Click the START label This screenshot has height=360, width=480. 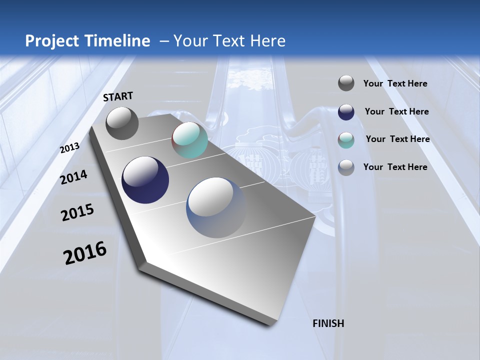coord(118,96)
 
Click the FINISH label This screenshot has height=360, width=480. coord(328,323)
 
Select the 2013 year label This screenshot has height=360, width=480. coord(69,148)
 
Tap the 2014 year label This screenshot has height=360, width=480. coord(74,177)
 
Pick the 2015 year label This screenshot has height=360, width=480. coord(77,212)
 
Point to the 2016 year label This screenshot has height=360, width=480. coord(85,253)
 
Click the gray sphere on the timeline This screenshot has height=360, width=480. coord(122,123)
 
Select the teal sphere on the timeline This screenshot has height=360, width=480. coord(189,140)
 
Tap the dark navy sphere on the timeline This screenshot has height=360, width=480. coord(145,180)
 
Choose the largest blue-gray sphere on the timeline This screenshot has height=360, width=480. coord(216,207)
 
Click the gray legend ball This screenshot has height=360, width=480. coord(346,83)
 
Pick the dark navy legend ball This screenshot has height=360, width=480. coord(346,112)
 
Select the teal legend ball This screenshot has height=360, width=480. coord(346,140)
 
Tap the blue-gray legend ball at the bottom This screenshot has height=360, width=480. coord(346,167)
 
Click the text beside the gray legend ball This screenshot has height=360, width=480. coord(395,83)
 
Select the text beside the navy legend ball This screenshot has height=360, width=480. coord(396,111)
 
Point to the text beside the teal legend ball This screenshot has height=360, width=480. coord(397,139)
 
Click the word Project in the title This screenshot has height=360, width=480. coord(52,41)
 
